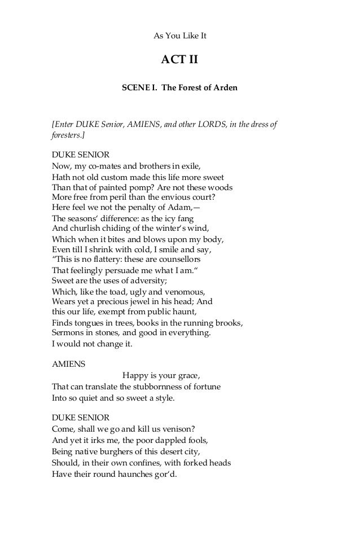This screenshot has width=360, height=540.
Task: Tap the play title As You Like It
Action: coord(180,36)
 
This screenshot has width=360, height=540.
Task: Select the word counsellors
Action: coord(181,260)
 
